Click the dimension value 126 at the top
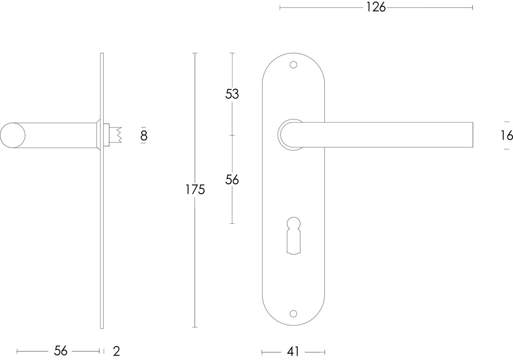click(x=376, y=7)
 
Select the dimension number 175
click(x=195, y=189)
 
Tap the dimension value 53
click(x=232, y=94)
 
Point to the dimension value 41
click(x=293, y=352)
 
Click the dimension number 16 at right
click(x=507, y=136)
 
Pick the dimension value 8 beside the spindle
click(x=143, y=136)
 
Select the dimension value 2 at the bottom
click(x=116, y=351)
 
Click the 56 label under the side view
click(x=61, y=351)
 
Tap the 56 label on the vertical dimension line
click(x=232, y=180)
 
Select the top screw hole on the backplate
click(x=293, y=64)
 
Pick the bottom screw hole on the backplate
click(x=293, y=314)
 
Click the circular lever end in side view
click(x=12, y=135)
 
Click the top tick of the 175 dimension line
click(x=195, y=53)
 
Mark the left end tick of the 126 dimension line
click(x=280, y=7)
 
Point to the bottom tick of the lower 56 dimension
click(x=232, y=223)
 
